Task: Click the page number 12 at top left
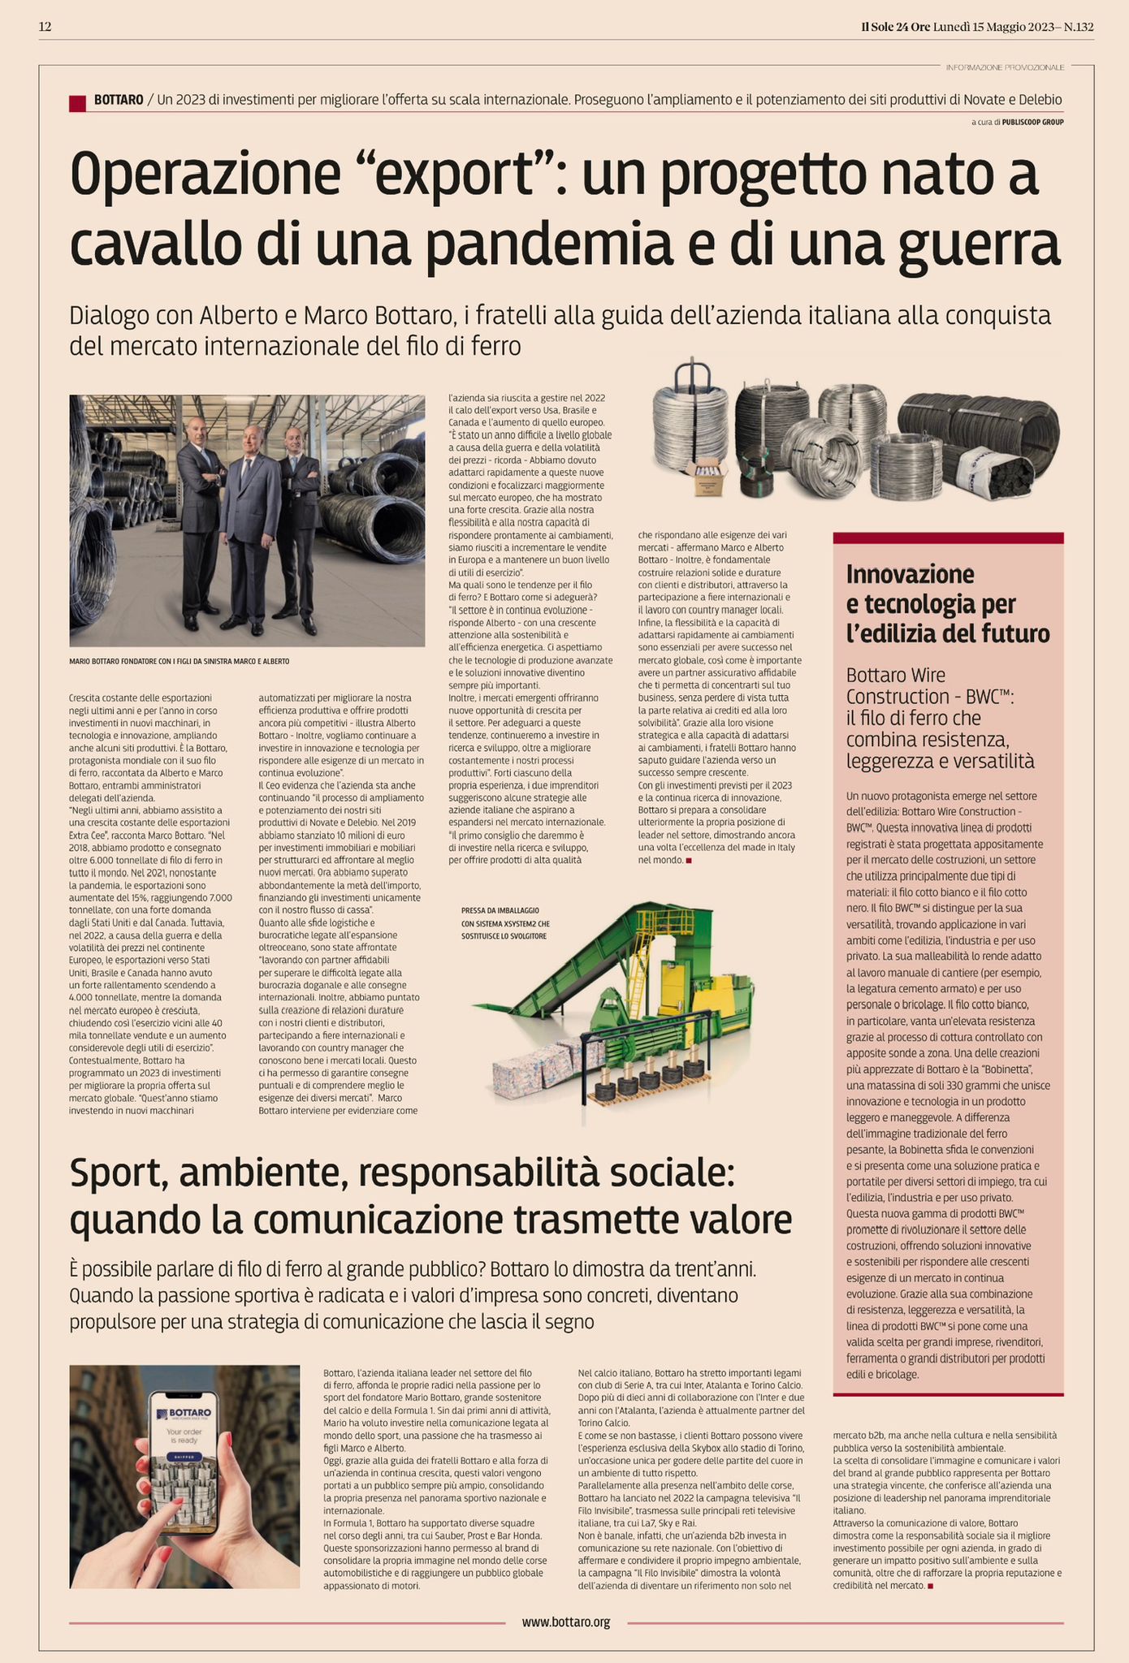coord(45,27)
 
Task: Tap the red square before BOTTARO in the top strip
coord(78,102)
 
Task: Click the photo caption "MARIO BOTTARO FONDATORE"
coord(180,661)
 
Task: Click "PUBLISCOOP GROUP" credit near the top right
coord(1032,122)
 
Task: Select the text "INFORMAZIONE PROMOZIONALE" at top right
coord(1005,67)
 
